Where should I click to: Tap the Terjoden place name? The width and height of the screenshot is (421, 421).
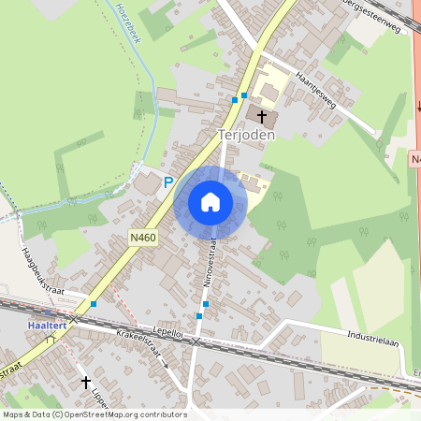246,135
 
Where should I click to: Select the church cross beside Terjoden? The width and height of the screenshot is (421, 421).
261,117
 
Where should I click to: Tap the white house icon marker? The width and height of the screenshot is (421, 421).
210,201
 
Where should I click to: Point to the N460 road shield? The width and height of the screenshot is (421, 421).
143,239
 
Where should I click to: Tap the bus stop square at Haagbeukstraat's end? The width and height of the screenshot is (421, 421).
94,304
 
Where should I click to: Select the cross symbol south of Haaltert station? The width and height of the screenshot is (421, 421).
86,382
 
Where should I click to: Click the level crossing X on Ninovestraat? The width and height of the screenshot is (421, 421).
195,343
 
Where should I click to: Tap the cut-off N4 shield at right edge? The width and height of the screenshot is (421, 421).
414,161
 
